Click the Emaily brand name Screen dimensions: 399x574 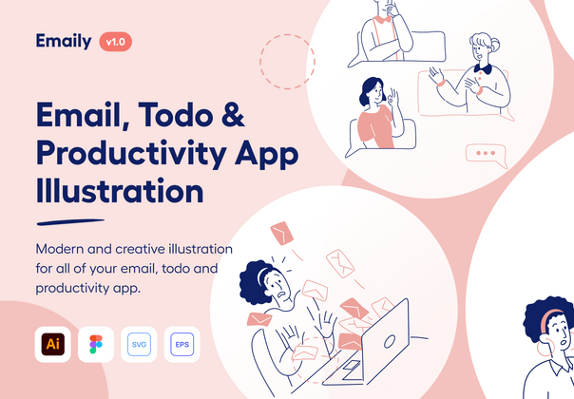coord(65,41)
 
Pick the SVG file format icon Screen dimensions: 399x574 coord(139,344)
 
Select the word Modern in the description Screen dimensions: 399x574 coord(64,248)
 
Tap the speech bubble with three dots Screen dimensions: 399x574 coord(488,153)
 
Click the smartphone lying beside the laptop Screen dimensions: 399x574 coord(350,366)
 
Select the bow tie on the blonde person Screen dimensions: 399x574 coord(483,68)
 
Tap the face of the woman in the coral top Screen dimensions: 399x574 coord(373,97)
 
